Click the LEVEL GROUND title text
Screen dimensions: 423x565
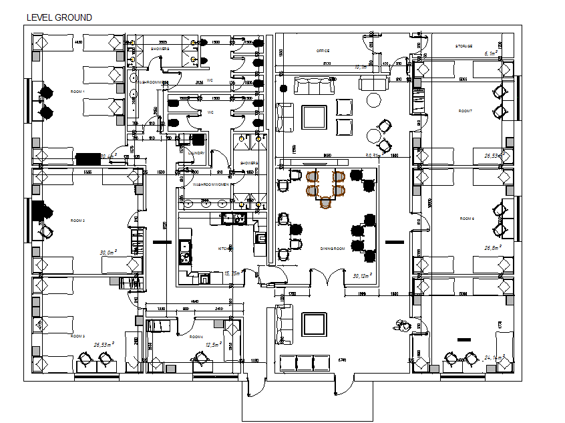coord(59,17)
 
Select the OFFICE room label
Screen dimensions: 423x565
coord(323,51)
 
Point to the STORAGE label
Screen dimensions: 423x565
coord(464,46)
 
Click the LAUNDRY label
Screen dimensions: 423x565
coord(196,153)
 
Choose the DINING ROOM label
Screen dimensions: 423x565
coord(331,249)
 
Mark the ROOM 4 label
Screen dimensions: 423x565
coord(196,337)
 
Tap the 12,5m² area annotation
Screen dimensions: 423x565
coord(213,344)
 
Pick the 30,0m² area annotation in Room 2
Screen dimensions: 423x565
coord(108,253)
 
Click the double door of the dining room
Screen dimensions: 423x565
coord(319,277)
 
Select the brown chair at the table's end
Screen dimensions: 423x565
coord(326,202)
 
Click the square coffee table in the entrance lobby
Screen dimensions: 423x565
coord(313,324)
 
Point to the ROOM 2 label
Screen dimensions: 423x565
coord(78,220)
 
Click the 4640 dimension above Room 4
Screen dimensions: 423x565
coord(194,302)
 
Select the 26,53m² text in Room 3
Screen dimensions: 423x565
coord(104,345)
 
